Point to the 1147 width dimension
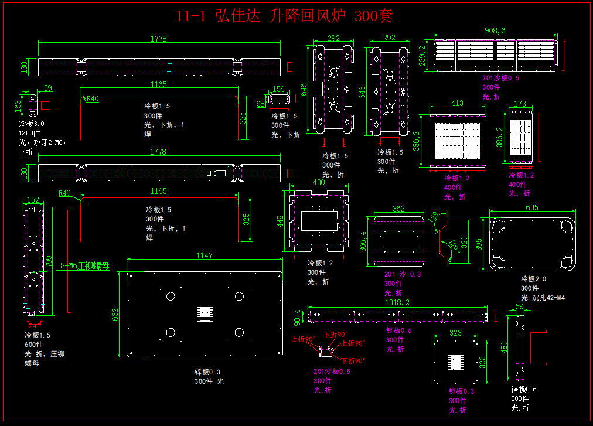pos(205,255)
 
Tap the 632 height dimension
pos(115,315)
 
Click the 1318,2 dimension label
pos(397,303)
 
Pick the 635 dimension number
pos(532,207)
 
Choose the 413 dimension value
pos(457,104)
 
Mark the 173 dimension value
pos(520,104)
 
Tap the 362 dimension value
pos(398,209)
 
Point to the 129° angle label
pos(434,215)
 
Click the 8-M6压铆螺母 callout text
pos(85,265)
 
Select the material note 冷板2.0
pos(533,279)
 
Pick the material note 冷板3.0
pos(32,124)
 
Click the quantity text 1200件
pos(29,133)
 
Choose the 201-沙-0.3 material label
pos(403,274)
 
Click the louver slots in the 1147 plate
pos(205,315)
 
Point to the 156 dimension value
pos(279,89)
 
